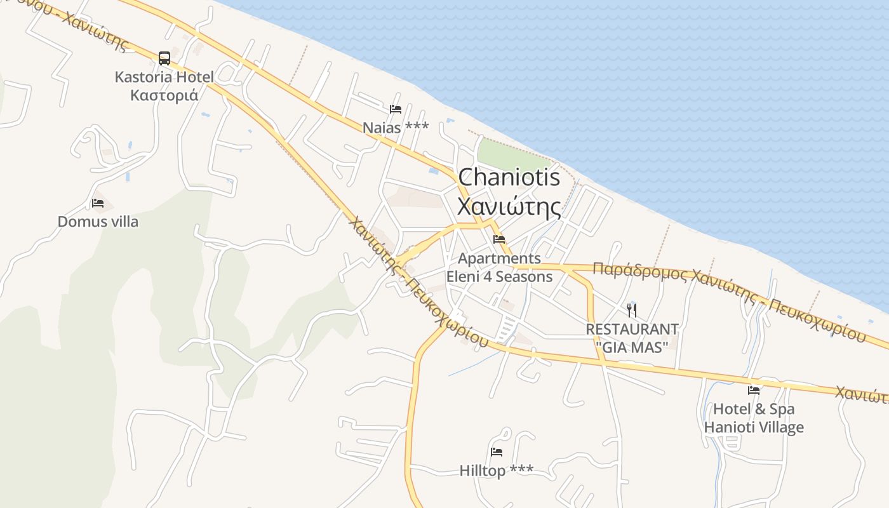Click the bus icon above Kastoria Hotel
[164, 58]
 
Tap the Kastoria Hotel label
[164, 77]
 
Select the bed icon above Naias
[396, 109]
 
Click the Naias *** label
[396, 128]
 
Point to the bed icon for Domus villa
[98, 203]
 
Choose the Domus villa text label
[98, 222]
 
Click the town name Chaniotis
[509, 177]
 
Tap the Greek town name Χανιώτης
[509, 207]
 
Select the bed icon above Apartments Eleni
[499, 239]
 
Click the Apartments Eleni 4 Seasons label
[499, 267]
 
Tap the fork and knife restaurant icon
[632, 310]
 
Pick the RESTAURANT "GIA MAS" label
[632, 338]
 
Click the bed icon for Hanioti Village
[754, 390]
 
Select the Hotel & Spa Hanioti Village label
[754, 418]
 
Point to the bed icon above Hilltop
[497, 452]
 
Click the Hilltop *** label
[497, 471]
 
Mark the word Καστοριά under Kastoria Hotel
[164, 96]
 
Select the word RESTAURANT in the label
[632, 330]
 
